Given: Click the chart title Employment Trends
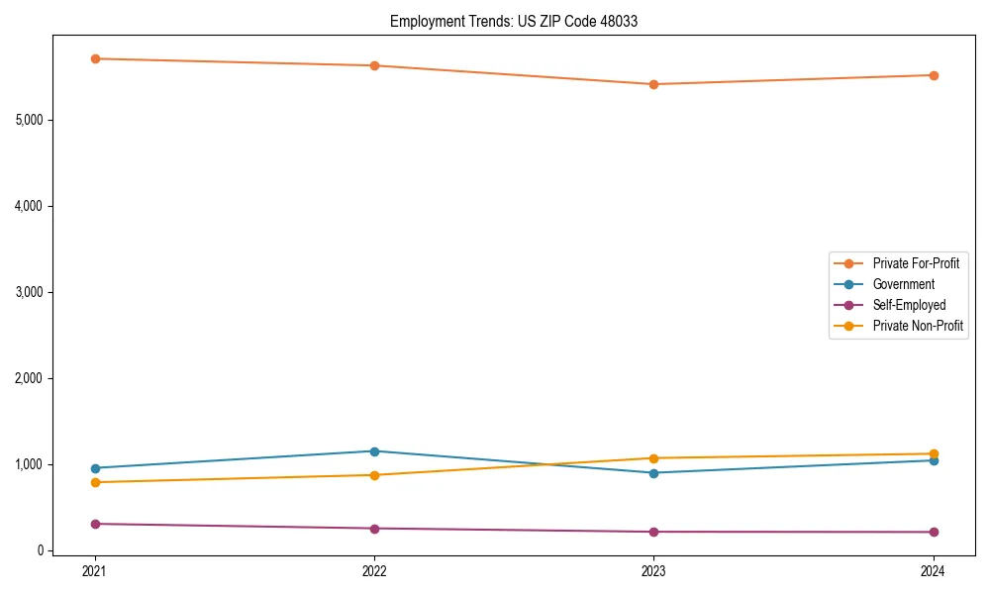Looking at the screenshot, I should (513, 21).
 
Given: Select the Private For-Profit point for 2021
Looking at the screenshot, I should (95, 58).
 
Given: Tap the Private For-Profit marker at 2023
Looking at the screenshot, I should (653, 84).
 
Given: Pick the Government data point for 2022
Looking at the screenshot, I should (374, 451).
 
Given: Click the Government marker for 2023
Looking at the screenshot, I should (653, 473).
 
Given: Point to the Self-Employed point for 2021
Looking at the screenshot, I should (95, 524).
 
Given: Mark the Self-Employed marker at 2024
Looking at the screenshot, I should (933, 532).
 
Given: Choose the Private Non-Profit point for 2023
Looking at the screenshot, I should (653, 458).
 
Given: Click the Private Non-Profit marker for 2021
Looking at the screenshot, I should (95, 482).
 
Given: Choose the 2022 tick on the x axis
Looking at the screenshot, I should (374, 570).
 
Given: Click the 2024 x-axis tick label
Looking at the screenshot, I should (933, 570).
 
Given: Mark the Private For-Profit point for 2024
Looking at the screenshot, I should (933, 75).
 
